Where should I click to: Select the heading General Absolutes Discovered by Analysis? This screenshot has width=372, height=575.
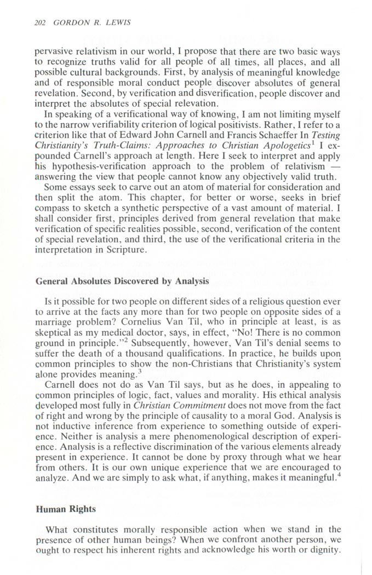122,281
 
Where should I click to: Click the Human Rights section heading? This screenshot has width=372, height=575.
65,509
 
